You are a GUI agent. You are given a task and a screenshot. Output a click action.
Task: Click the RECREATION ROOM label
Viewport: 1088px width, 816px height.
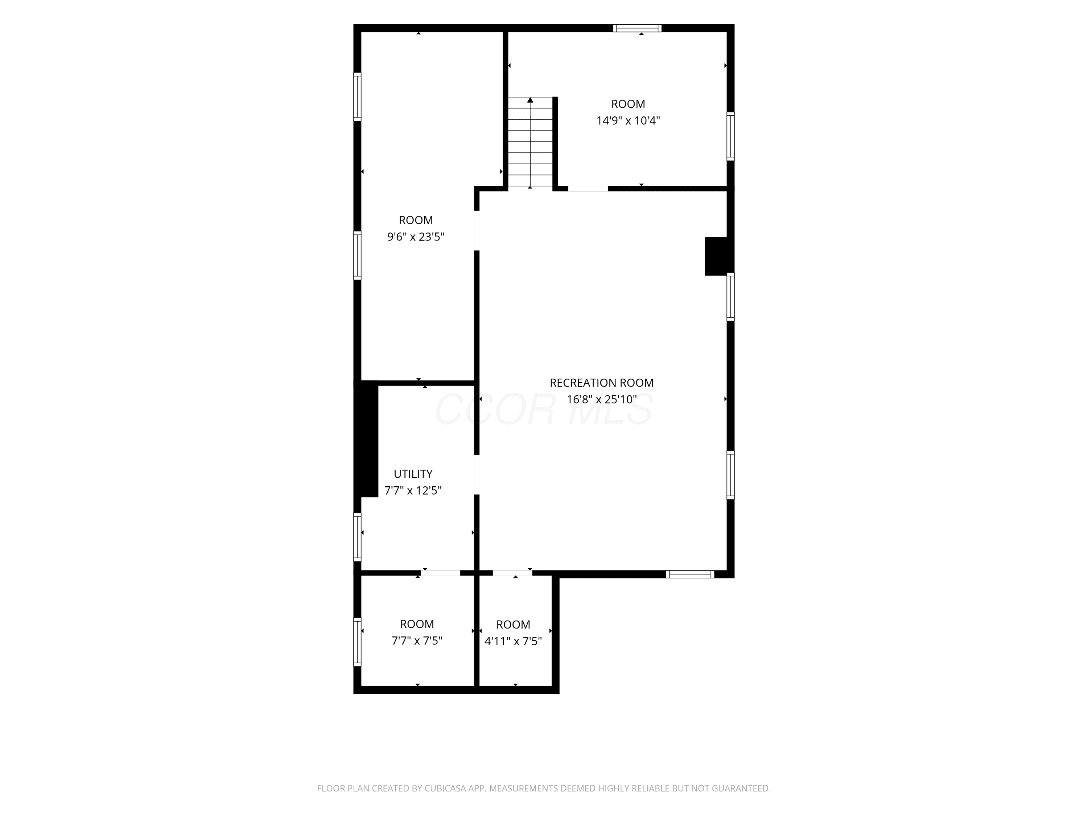602,383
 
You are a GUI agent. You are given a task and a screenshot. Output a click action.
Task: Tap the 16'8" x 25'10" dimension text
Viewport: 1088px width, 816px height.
602,399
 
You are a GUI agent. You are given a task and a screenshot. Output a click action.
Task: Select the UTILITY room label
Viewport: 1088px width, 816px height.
413,474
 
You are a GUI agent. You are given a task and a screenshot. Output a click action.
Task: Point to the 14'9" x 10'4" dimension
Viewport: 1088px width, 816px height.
628,120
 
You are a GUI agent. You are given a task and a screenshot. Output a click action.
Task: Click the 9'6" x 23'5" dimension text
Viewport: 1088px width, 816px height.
416,236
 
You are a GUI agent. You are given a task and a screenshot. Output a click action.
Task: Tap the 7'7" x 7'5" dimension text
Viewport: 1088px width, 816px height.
417,641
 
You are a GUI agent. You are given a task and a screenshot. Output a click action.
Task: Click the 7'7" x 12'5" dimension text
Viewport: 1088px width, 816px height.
413,490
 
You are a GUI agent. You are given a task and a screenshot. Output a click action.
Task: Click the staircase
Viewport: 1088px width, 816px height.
530,142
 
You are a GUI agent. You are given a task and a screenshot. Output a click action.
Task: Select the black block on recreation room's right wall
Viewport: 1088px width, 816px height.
716,256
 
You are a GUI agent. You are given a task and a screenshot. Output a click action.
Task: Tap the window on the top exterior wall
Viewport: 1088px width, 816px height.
637,28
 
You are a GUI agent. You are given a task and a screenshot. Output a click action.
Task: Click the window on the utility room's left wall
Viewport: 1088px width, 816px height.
358,537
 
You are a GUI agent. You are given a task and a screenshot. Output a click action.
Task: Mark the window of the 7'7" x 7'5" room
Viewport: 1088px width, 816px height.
358,642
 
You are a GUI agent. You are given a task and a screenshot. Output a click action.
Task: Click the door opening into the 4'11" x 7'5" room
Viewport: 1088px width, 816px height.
512,573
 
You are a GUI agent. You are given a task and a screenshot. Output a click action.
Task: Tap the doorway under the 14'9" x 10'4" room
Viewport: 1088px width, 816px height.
588,188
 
